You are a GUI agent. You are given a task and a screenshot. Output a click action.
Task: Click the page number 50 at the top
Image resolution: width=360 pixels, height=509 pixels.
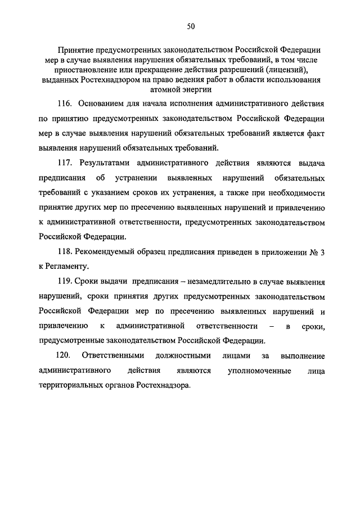pos(191,26)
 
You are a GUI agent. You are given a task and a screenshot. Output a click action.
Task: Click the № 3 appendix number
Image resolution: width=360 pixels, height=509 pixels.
pos(316,252)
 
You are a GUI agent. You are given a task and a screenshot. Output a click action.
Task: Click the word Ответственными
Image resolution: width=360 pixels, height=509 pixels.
pos(113,355)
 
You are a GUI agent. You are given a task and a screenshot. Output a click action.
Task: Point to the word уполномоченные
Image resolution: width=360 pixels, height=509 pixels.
pos(259,371)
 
